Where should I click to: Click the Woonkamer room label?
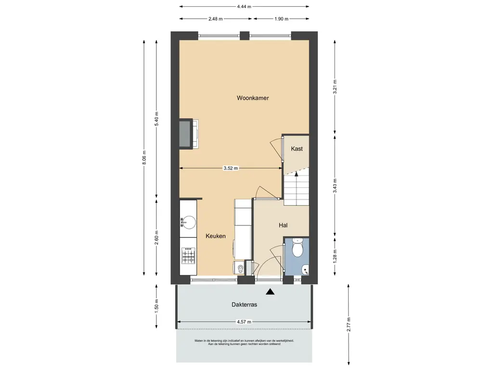[253, 98]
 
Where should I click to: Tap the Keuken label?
[216, 236]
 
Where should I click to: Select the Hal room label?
[283, 225]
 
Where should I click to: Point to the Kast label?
[297, 148]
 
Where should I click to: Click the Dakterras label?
[244, 304]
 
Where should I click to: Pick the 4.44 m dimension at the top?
[244, 6]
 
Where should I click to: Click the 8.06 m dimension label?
[144, 158]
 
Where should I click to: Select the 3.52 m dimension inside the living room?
[231, 168]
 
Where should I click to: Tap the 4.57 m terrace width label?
[244, 322]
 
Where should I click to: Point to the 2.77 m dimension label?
[349, 324]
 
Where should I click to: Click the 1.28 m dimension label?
[335, 256]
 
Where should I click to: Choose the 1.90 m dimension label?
[281, 19]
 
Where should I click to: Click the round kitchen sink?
[188, 223]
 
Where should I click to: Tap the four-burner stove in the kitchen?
[188, 256]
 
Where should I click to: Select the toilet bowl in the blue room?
[297, 248]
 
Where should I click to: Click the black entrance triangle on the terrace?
[270, 292]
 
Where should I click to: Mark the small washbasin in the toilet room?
[305, 270]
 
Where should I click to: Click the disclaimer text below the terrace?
[244, 343]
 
